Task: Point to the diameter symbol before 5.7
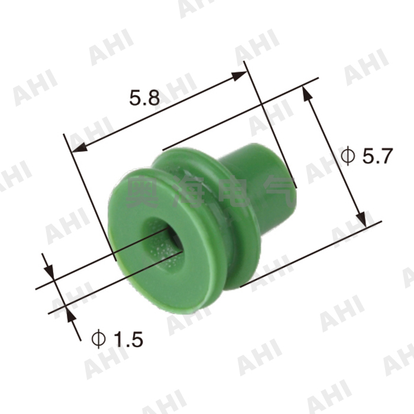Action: [348, 157]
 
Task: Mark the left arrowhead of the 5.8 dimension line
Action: [76, 148]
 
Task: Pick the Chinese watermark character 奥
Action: [145, 193]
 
